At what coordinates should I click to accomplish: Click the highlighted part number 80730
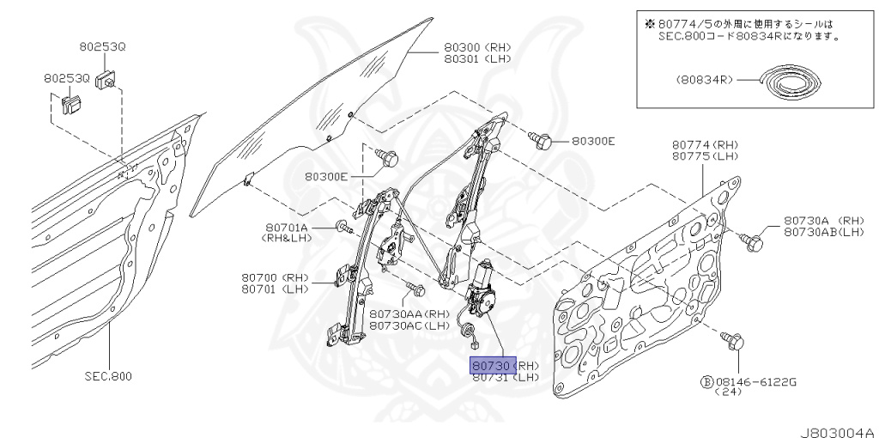pos(492,364)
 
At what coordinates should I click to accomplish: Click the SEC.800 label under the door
pos(110,376)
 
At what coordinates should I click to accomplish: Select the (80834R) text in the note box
pos(703,79)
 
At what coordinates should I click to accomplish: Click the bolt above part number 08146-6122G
pos(733,342)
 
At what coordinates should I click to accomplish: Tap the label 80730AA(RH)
pos(409,314)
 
